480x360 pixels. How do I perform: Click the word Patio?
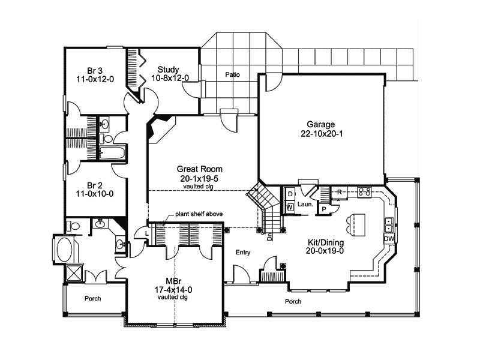[233, 76]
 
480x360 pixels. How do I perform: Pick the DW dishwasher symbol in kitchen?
[389, 239]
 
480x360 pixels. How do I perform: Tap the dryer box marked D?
[289, 195]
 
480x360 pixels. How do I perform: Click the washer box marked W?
[289, 207]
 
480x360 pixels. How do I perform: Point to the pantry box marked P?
[323, 208]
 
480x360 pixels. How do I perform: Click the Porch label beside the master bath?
[92, 298]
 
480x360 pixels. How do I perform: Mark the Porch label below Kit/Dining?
[293, 301]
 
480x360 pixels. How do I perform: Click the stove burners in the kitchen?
[364, 192]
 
